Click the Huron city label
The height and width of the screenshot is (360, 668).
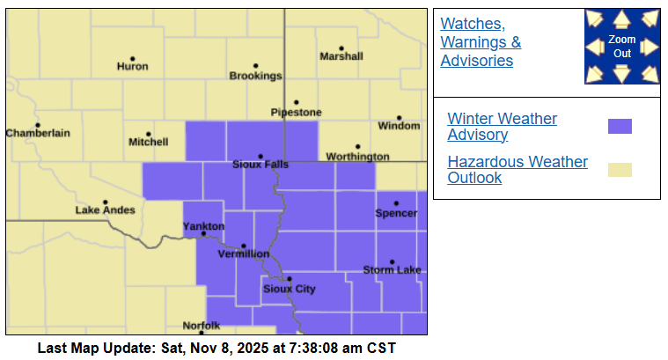(x=133, y=66)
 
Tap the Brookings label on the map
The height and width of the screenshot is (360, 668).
(x=255, y=76)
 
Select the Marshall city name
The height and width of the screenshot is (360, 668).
(x=341, y=56)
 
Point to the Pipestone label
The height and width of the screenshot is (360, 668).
(x=297, y=113)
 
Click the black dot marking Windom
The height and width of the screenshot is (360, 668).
(x=399, y=118)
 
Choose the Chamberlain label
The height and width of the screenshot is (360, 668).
(x=38, y=133)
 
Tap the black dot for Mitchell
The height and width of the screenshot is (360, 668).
(x=149, y=135)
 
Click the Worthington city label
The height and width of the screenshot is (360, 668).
(x=357, y=157)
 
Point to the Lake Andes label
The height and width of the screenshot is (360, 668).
(x=106, y=210)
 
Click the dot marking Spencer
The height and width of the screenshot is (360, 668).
(x=396, y=203)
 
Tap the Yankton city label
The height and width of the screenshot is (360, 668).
(x=203, y=226)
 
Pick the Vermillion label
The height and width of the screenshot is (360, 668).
(x=244, y=253)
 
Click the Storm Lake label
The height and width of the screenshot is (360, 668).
(x=392, y=269)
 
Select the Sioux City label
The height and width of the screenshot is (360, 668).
(x=290, y=289)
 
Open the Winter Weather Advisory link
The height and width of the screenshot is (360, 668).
(x=502, y=127)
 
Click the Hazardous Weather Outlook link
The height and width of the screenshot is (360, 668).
(x=518, y=170)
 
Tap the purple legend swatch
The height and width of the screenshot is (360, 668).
(x=620, y=126)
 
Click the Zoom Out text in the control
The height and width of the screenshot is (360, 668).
(x=622, y=47)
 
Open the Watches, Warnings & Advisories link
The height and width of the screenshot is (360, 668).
(x=481, y=42)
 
